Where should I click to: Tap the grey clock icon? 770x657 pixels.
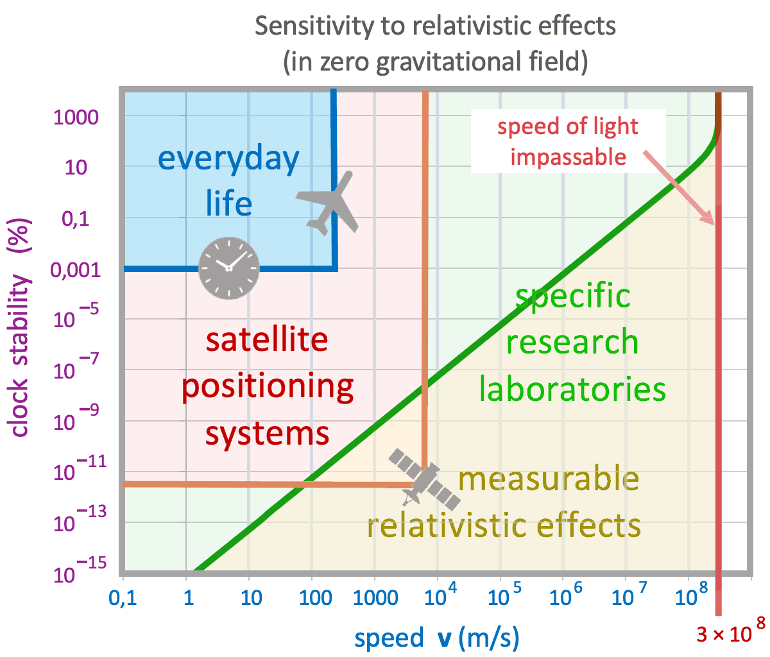click(228, 268)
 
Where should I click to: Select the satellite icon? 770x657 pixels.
click(425, 481)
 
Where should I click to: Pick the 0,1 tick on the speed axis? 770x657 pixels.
click(122, 599)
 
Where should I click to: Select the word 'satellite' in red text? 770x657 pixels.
click(266, 340)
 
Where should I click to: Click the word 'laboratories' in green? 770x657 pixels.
click(572, 389)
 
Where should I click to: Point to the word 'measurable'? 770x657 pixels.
click(549, 479)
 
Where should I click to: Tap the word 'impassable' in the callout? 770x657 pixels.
click(569, 157)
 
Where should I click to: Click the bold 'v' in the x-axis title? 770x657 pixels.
click(444, 638)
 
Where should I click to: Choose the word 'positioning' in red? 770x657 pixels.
click(267, 387)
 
